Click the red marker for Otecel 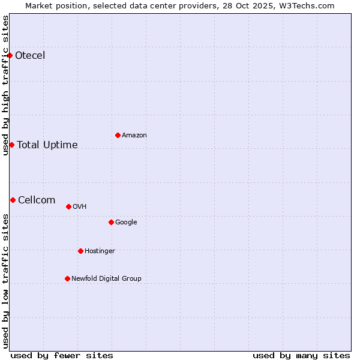[x=10, y=56]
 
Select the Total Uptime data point [x=11, y=145]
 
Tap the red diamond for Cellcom [x=13, y=200]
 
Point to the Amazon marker [x=118, y=135]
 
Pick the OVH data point [x=68, y=206]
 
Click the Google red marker [x=111, y=222]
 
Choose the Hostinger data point [x=80, y=251]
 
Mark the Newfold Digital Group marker [x=67, y=278]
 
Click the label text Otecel [x=30, y=56]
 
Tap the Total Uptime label [x=47, y=145]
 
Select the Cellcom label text [x=37, y=200]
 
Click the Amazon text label [x=134, y=135]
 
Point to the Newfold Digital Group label [x=106, y=278]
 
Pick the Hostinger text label [x=100, y=251]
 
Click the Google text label [x=126, y=222]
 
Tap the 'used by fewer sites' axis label [x=62, y=355]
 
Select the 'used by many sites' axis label [x=301, y=355]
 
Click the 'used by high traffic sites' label [x=5, y=86]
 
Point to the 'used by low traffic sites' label [x=5, y=281]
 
